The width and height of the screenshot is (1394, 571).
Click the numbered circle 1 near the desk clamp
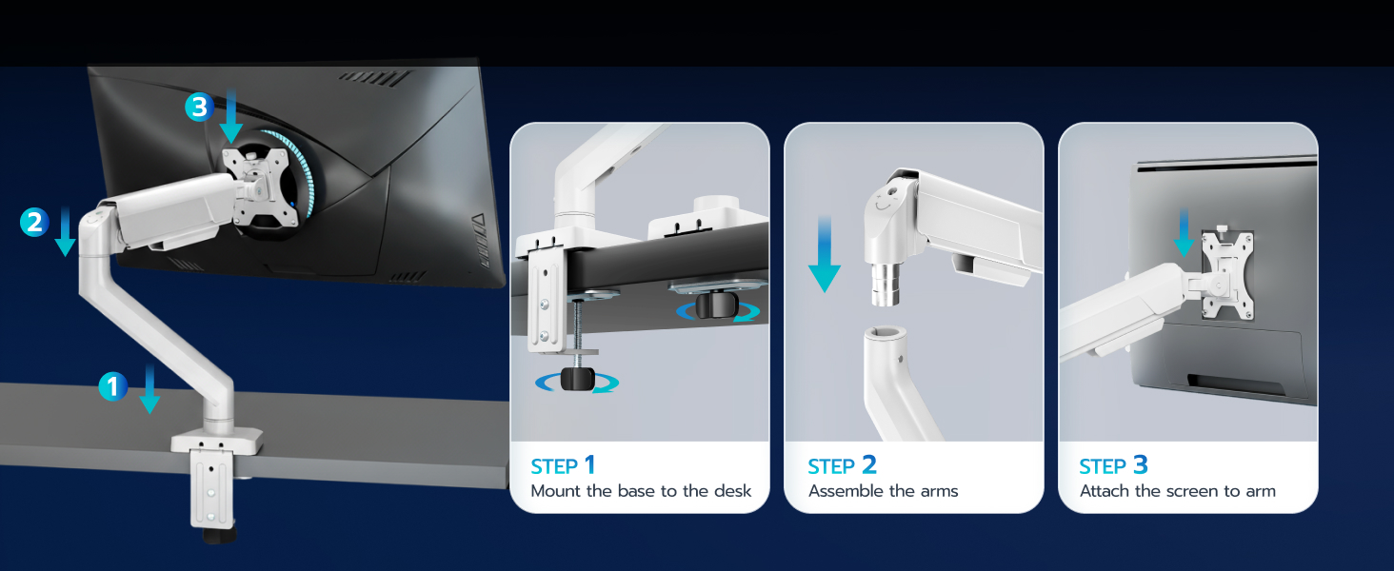pos(112,386)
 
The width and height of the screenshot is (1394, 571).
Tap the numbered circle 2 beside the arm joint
pos(34,223)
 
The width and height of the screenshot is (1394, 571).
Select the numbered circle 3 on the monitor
pos(198,108)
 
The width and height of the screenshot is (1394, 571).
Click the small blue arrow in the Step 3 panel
pos(1184,233)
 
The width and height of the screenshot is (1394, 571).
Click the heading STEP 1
pos(563,465)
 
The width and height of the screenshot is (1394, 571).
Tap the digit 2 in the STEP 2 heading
pos(868,465)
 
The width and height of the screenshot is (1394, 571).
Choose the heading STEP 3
pos(1113,465)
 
